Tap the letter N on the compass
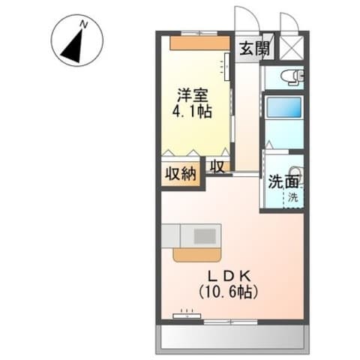(x=84, y=25)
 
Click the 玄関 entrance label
(x=254, y=49)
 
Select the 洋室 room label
(x=192, y=95)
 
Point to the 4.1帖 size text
(x=192, y=111)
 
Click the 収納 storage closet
(x=181, y=174)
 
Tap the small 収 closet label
(x=217, y=166)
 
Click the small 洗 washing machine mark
(x=294, y=198)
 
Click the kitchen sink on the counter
(x=205, y=235)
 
